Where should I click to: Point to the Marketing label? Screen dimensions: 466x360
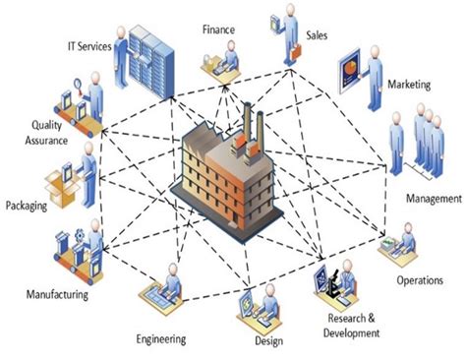[408, 86]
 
